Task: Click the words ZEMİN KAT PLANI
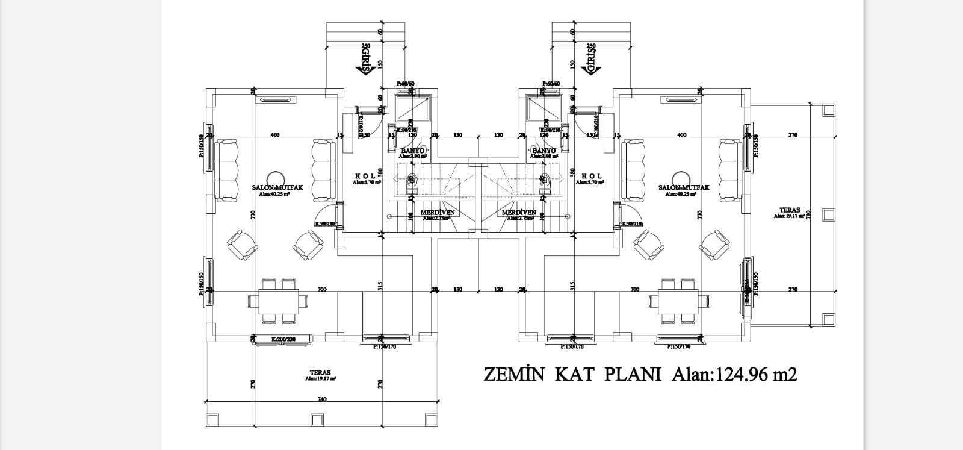572,374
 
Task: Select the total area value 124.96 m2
755,374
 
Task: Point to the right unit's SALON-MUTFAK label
684,188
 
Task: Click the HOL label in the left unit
365,176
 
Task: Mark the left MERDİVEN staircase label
437,213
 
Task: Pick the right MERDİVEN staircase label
518,213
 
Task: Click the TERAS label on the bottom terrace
320,373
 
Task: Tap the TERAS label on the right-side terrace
789,210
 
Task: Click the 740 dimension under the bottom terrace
321,399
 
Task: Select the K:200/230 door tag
283,340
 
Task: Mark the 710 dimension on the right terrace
809,214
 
